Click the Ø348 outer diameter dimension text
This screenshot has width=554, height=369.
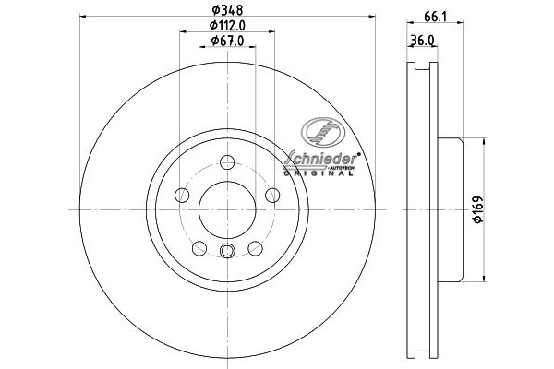tap(226, 10)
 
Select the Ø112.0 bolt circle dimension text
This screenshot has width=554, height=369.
tap(226, 25)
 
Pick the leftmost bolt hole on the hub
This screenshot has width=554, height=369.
tap(183, 195)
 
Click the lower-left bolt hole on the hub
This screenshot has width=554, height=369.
tap(199, 246)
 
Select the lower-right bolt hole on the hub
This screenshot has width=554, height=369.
tap(253, 246)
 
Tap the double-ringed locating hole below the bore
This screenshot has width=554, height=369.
tap(226, 251)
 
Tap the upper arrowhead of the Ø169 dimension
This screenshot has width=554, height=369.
tap(480, 141)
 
